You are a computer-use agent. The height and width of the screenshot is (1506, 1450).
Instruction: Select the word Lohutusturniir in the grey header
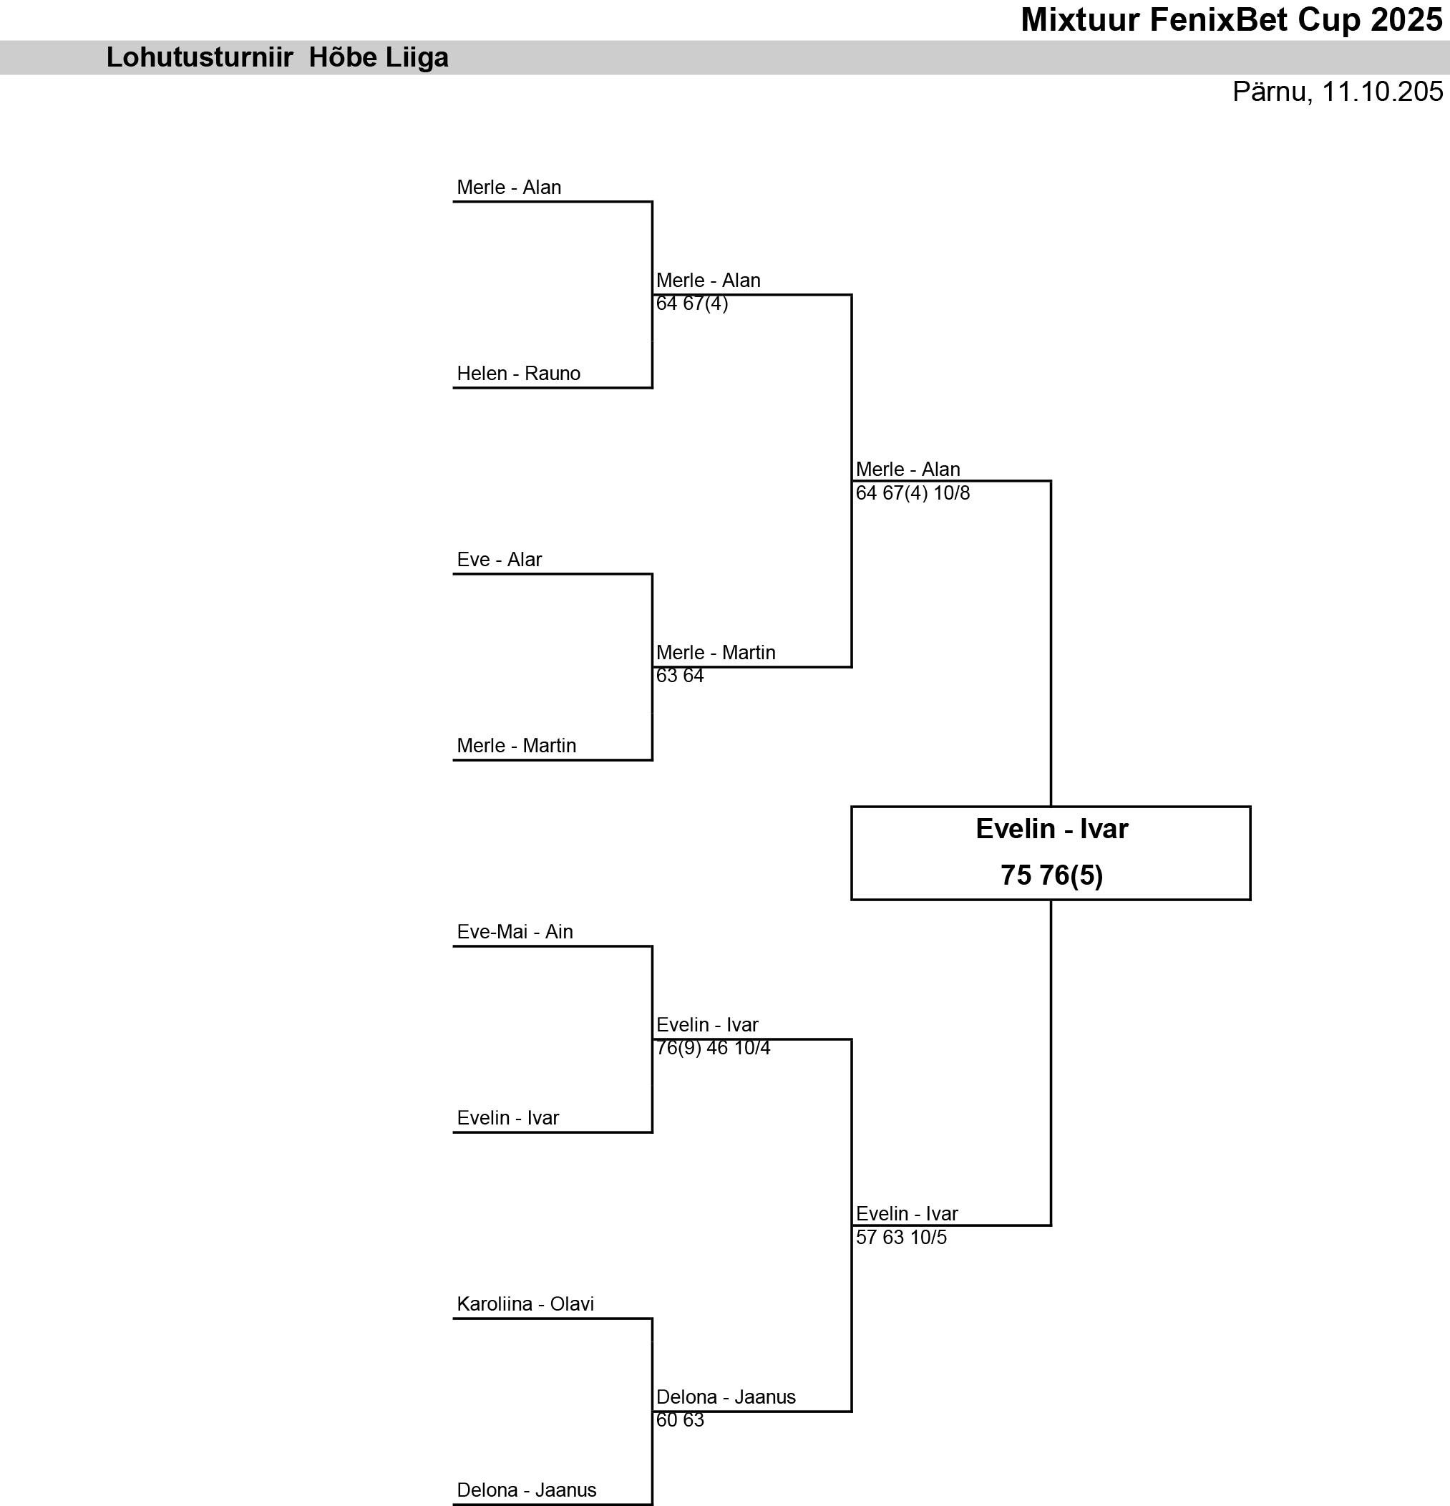coord(200,58)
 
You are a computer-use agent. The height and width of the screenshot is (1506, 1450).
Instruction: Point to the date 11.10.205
coord(1381,92)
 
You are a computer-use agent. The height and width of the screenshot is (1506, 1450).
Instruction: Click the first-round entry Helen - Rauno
coord(519,374)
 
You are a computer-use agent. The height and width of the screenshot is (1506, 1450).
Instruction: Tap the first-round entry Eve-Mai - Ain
coord(515,931)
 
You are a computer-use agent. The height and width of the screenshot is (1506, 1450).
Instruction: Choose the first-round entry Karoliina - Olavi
coord(525,1304)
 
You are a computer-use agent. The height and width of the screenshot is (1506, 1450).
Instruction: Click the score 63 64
coord(680,676)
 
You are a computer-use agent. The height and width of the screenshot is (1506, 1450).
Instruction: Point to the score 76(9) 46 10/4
coord(713,1048)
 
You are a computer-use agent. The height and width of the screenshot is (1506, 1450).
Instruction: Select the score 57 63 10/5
coord(901,1237)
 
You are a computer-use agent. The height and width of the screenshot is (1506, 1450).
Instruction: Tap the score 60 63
coord(680,1420)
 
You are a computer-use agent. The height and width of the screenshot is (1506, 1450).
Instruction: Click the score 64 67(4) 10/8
coord(913,492)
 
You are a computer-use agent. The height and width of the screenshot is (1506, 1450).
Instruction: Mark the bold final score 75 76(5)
coord(1051,875)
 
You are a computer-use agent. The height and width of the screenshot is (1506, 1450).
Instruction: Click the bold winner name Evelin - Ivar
coord(1051,829)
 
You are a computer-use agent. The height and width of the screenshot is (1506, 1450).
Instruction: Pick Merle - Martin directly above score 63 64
coord(716,652)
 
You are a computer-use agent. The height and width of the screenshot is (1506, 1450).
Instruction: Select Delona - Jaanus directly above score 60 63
coord(726,1397)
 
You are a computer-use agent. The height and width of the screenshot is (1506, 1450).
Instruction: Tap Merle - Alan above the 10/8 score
coord(908,470)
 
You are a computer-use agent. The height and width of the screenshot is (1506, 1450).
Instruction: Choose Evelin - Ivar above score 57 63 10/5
coord(907,1214)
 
